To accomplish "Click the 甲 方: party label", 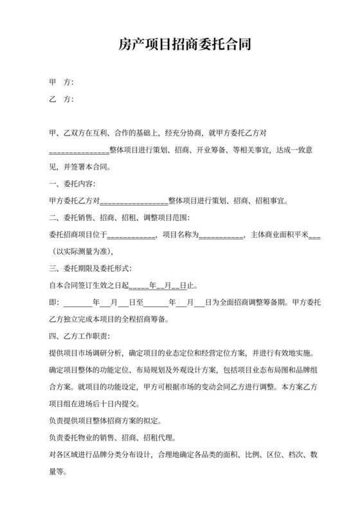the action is [x=62, y=83].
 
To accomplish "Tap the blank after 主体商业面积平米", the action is [x=315, y=235].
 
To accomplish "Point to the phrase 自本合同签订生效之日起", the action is [x=89, y=285].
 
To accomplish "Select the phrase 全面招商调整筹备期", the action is [x=248, y=301].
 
